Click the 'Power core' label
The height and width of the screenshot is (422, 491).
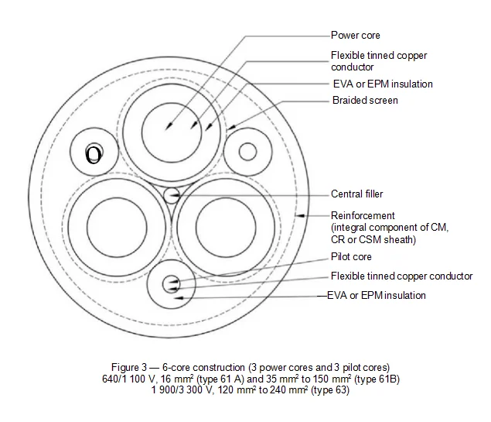pos(355,36)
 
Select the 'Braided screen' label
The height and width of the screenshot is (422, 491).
pos(365,101)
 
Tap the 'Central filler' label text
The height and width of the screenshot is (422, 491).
pos(356,194)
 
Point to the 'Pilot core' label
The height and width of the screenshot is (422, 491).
pos(351,257)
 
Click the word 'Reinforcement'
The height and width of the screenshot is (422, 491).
pos(363,215)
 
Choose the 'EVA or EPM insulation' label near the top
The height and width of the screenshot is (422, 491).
pos(381,84)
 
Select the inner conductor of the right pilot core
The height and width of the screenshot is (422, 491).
pos(247,151)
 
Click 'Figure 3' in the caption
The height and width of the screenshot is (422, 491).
pos(125,366)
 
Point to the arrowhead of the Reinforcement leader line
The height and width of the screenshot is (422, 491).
pos(298,211)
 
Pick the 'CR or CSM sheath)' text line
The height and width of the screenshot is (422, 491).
pos(367,239)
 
